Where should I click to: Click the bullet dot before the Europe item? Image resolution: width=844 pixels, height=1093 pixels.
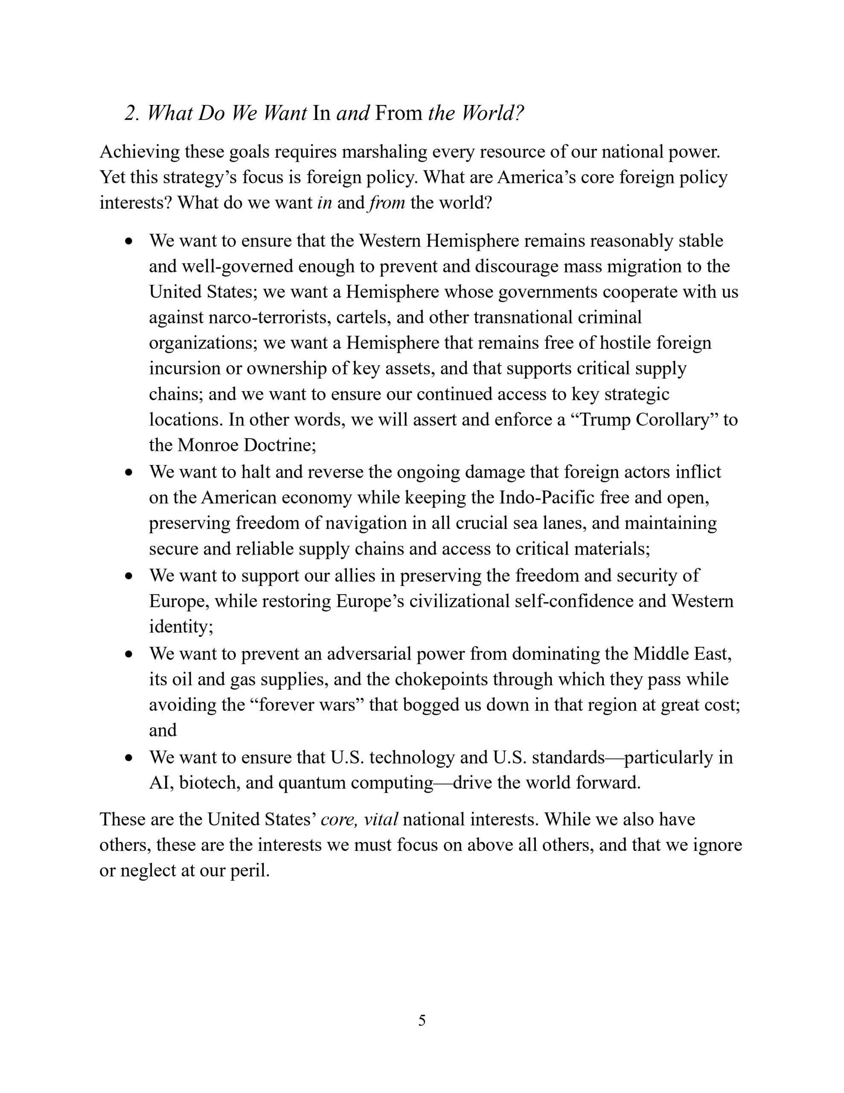pyautogui.click(x=130, y=576)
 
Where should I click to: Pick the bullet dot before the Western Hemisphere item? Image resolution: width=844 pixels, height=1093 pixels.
pyautogui.click(x=130, y=241)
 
